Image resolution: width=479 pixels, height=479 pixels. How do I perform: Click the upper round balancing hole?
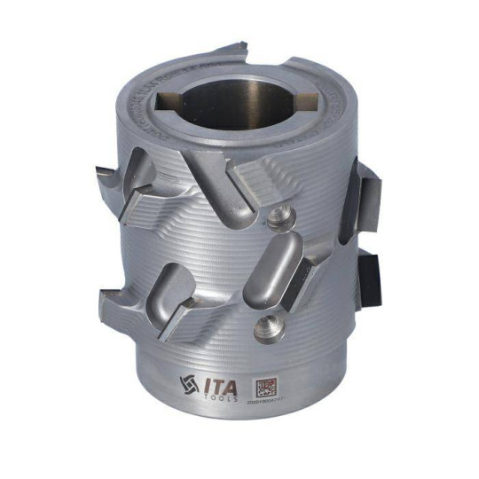[280, 216]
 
